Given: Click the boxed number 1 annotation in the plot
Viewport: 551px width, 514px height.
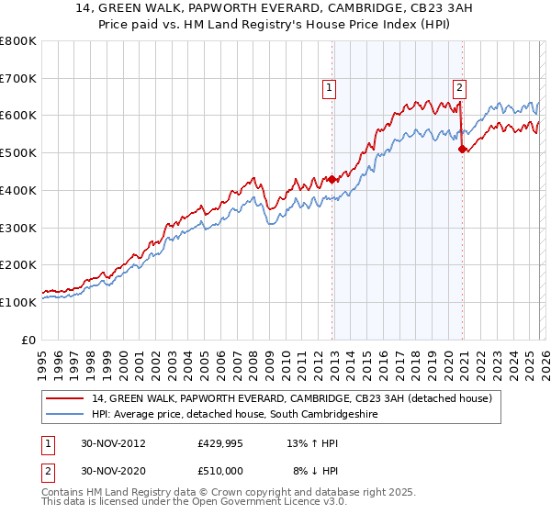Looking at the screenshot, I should pos(329,88).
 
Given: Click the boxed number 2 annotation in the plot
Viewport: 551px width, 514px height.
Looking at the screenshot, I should pos(459,88).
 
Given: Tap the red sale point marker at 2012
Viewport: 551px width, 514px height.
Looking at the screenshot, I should pos(332,180).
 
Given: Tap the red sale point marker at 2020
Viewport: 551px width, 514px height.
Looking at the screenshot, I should pos(462,150).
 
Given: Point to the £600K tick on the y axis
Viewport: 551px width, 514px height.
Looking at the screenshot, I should pos(18,116).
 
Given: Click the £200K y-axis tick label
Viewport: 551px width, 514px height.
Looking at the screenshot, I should pos(18,264).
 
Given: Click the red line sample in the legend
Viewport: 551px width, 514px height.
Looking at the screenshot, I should pos(66,398).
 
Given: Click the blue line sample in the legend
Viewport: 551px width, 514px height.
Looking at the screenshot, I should pos(66,415).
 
